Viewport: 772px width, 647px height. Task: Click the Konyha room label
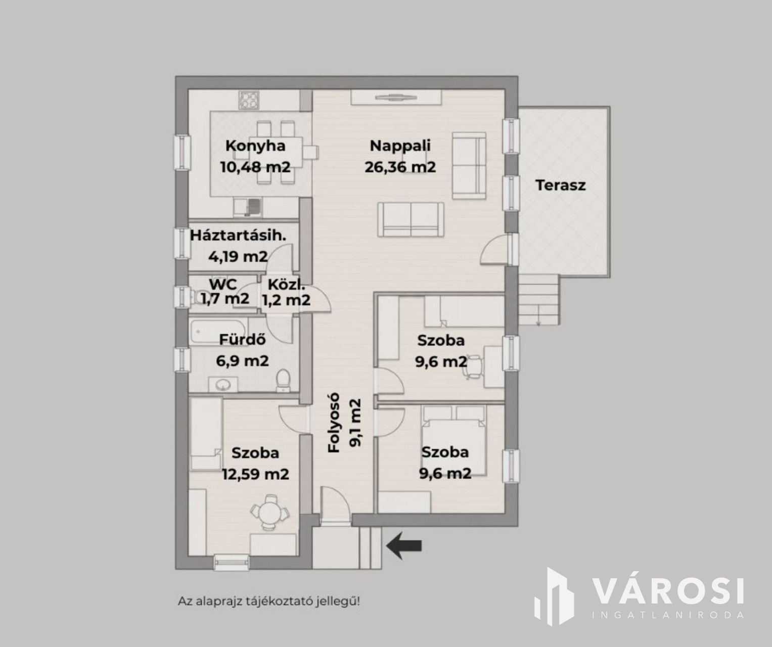[x=255, y=146]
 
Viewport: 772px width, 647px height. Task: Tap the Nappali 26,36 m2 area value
[x=400, y=167]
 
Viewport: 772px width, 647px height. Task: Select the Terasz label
[x=561, y=185]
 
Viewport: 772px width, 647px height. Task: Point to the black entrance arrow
[x=404, y=545]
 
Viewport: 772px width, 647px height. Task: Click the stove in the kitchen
[x=249, y=100]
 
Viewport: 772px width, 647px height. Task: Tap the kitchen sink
[x=247, y=207]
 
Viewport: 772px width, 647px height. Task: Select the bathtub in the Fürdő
[x=218, y=332]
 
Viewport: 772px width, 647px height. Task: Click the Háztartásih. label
[x=238, y=236]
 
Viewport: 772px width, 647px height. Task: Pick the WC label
[x=223, y=284]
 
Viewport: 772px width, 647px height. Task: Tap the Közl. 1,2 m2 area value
[x=286, y=300]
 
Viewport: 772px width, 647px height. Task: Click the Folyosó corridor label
[x=334, y=423]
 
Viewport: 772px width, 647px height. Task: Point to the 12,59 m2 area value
[x=255, y=474]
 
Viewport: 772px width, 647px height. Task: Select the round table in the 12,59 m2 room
[x=269, y=513]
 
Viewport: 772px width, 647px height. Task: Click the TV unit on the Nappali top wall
[x=396, y=98]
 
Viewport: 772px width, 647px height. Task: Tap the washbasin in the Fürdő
[x=223, y=385]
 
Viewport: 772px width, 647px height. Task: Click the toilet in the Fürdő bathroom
[x=283, y=380]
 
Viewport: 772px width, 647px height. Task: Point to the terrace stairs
[x=539, y=300]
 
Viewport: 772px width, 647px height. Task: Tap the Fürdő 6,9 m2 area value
[x=242, y=360]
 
